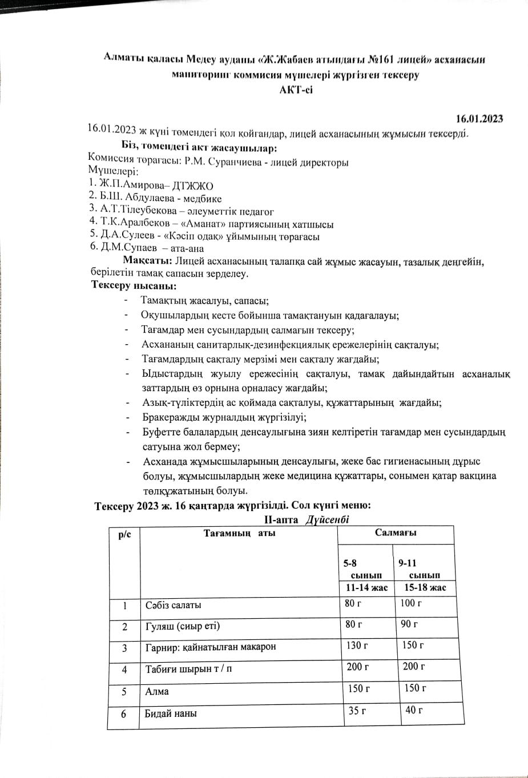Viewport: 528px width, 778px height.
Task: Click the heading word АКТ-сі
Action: point(296,90)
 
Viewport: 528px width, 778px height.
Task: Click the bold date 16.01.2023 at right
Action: point(479,119)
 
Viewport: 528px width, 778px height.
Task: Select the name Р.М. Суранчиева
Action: point(223,162)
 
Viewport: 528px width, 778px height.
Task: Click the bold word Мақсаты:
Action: point(147,261)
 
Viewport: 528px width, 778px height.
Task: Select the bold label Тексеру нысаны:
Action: point(134,285)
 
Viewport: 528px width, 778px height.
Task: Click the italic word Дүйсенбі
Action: point(327,519)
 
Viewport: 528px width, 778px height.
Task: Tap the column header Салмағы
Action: point(396,533)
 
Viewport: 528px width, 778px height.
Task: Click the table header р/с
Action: point(124,534)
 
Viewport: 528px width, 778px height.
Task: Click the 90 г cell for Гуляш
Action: point(409,624)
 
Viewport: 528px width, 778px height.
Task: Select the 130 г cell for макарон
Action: point(357,645)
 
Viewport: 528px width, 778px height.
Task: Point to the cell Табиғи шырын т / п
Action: point(188,669)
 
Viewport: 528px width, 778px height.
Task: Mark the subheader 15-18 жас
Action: point(425,587)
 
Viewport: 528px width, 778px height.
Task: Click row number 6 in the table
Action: point(123,713)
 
